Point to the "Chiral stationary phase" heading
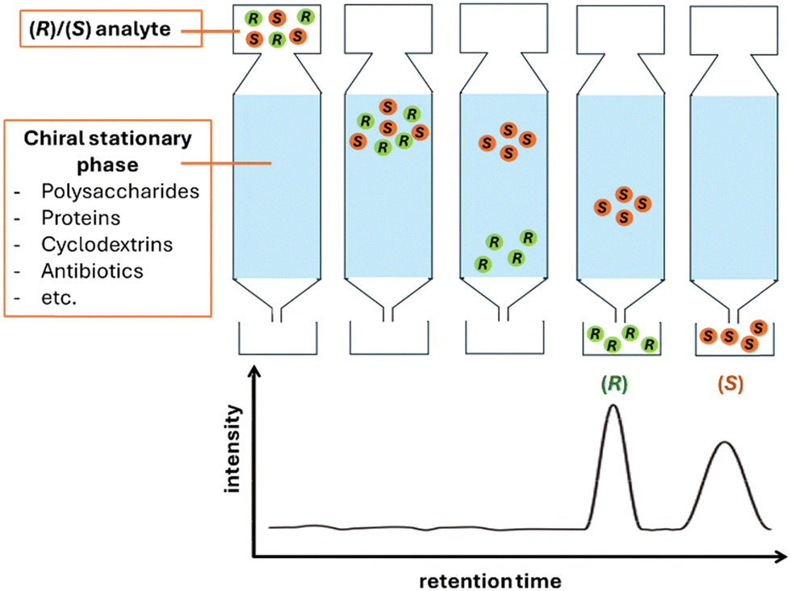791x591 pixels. pyautogui.click(x=107, y=150)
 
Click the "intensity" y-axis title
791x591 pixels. pyautogui.click(x=233, y=447)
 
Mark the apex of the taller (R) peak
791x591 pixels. pyautogui.click(x=613, y=405)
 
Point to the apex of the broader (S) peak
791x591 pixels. pyautogui.click(x=725, y=442)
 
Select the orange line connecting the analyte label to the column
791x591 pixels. pyautogui.click(x=206, y=31)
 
